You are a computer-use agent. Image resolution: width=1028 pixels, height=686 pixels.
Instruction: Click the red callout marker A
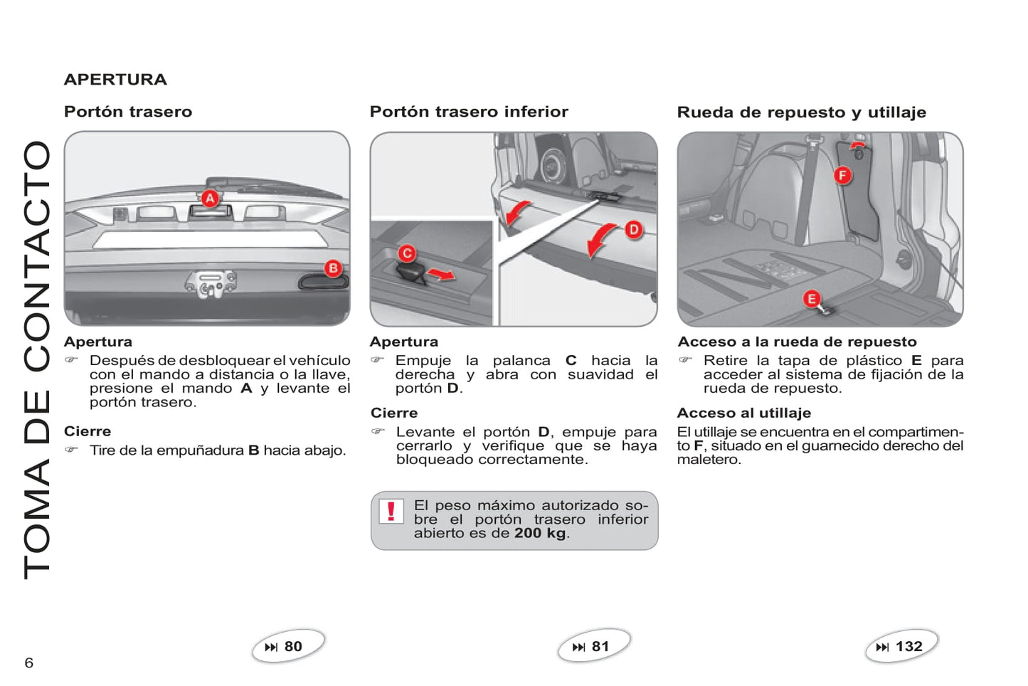209,199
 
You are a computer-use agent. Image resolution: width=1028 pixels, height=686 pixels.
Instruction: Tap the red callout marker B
333,268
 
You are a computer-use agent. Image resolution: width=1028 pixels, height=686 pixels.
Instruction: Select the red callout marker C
407,253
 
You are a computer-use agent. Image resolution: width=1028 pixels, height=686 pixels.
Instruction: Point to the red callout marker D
633,229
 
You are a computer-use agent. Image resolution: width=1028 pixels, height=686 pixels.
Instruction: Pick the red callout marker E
811,299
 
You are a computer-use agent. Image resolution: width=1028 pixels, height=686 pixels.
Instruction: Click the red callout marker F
842,175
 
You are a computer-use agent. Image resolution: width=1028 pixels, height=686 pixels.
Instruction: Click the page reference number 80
293,646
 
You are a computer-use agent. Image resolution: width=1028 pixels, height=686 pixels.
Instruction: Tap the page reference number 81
600,646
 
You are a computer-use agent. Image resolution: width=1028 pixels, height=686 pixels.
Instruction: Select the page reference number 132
908,646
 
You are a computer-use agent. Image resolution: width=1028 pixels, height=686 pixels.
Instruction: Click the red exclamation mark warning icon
391,511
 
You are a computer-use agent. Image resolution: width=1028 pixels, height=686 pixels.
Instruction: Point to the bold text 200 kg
540,533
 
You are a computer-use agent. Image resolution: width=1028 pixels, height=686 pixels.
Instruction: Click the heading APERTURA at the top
115,80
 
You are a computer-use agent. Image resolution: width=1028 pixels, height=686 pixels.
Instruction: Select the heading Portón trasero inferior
469,112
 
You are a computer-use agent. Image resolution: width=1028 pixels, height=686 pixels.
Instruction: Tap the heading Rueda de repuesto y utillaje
801,112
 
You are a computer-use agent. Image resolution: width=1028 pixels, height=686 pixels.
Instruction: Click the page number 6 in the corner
29,663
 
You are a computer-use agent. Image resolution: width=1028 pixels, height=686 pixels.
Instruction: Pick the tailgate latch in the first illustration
209,283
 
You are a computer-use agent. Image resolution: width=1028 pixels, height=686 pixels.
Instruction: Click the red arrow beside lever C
441,274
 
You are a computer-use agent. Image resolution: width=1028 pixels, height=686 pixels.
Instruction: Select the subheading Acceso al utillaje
743,413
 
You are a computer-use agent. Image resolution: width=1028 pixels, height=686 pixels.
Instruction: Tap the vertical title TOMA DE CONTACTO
37,359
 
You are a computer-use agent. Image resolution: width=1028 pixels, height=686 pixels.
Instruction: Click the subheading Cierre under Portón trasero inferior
394,413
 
